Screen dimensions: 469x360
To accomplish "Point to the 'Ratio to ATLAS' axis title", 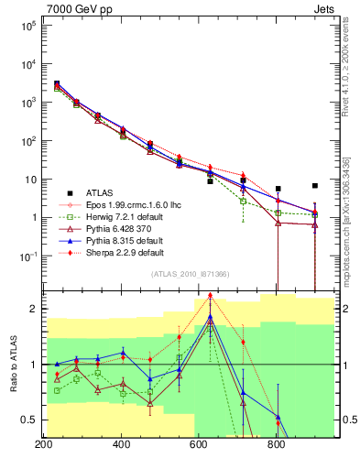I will (x=13, y=364).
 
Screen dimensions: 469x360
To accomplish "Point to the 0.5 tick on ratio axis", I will (x=29, y=420).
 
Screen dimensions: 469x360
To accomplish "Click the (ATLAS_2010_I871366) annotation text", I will (x=190, y=275).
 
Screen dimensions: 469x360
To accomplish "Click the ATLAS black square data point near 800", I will (x=278, y=189).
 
